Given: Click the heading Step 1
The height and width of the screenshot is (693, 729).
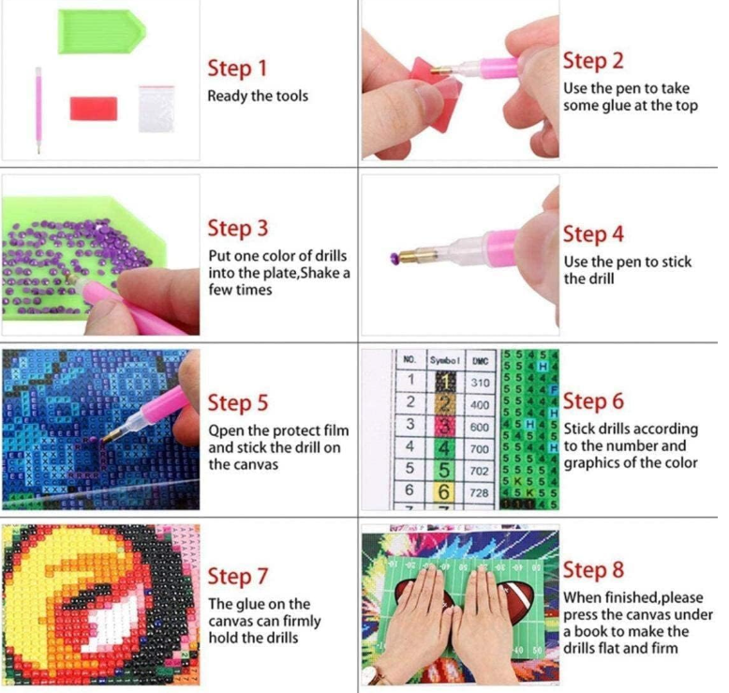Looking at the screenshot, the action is (x=238, y=68).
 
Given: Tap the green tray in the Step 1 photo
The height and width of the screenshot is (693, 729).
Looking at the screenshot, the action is (x=101, y=31).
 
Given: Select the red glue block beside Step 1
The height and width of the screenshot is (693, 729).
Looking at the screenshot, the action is (x=94, y=108).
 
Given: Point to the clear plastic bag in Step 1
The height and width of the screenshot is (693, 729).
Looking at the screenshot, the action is (x=156, y=109).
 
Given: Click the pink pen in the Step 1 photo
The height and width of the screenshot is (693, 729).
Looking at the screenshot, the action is (x=38, y=111).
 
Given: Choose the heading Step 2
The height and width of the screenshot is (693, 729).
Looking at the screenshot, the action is (x=593, y=61).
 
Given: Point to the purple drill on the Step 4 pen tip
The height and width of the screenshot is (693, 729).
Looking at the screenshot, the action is (x=394, y=256).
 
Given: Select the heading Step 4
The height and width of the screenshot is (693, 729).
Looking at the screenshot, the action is (x=593, y=234).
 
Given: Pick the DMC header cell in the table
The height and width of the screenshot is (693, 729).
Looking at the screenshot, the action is (x=480, y=361).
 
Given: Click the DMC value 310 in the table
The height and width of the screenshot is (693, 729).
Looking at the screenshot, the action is (x=480, y=383).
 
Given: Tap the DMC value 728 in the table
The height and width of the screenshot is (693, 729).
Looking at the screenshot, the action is (x=480, y=492).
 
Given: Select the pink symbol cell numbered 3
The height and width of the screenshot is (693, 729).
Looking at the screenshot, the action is (x=445, y=427).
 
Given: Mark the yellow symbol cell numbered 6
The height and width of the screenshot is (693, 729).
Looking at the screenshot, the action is (x=445, y=492).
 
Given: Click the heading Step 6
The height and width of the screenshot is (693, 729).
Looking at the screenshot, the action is (x=593, y=401).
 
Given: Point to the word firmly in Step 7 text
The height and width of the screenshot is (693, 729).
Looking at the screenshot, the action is (x=297, y=622).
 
